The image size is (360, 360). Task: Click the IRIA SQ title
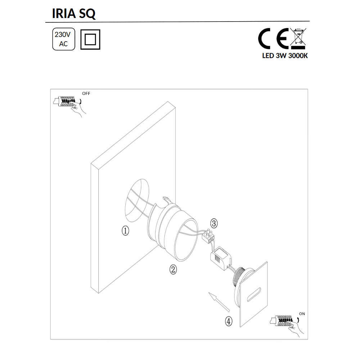tap(74, 14)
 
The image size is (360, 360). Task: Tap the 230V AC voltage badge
tap(64, 39)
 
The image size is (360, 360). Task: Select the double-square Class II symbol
tap(90, 39)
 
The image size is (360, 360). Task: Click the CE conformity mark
tap(273, 39)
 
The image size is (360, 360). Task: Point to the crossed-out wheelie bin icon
tap(298, 39)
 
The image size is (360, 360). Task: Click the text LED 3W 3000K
tap(285, 56)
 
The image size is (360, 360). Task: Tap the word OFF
tap(86, 94)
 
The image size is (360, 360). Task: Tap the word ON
tap(302, 314)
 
